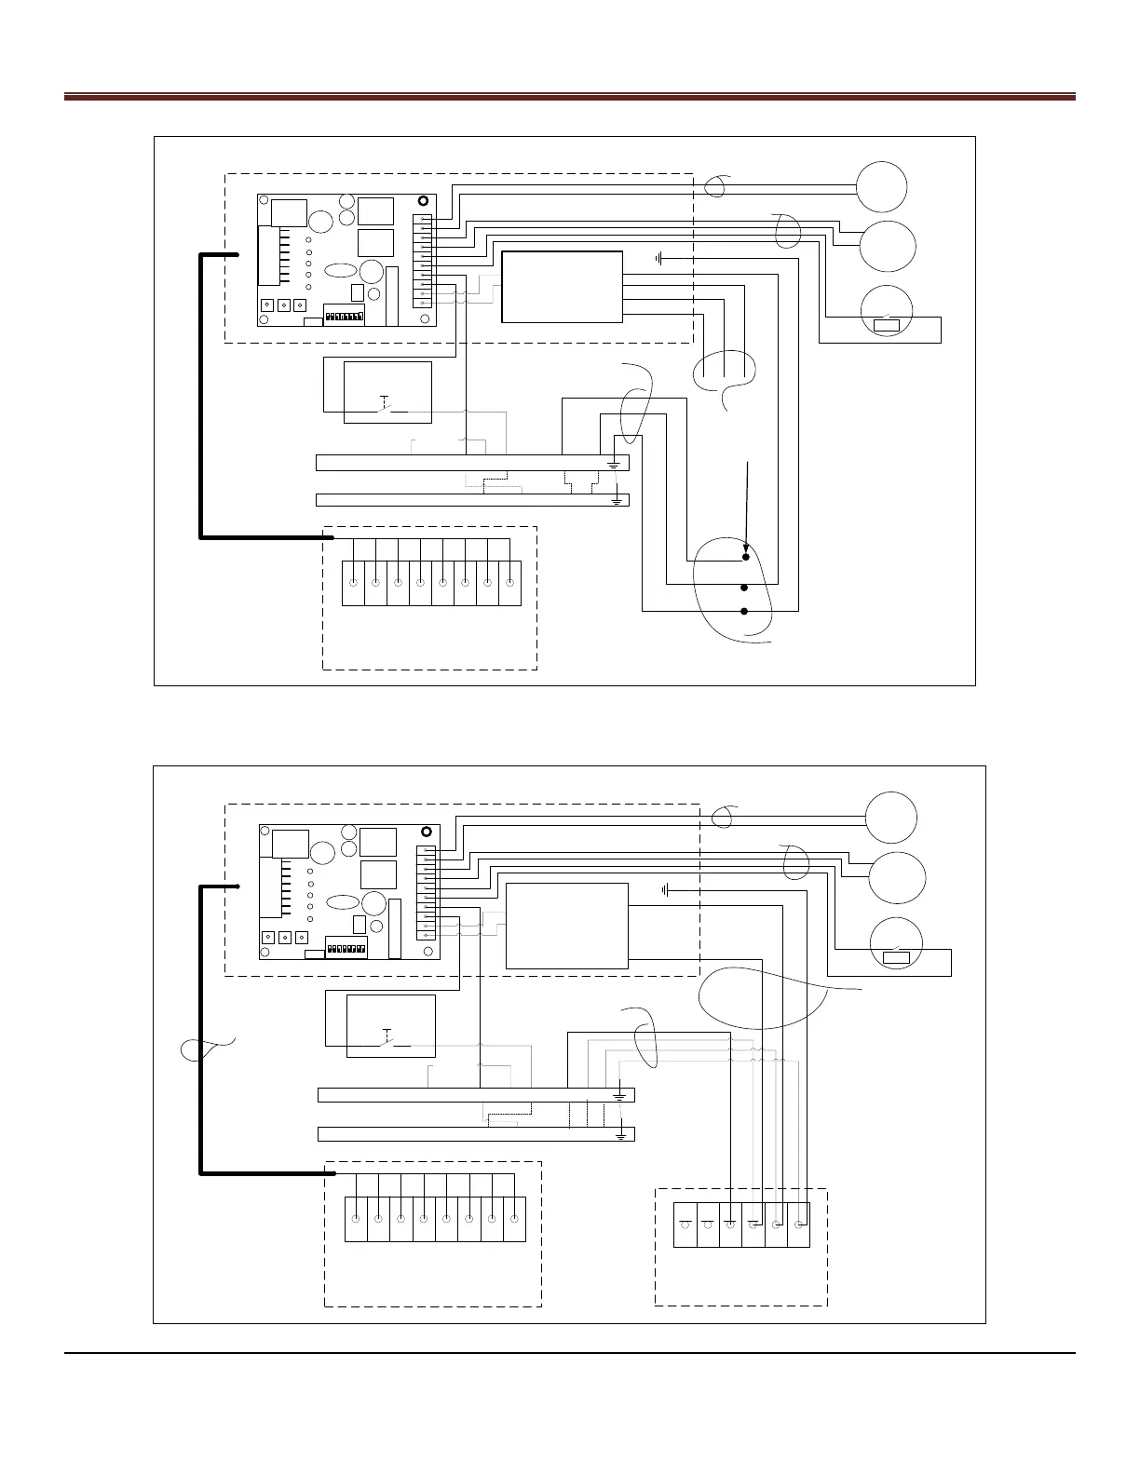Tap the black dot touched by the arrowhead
(745, 558)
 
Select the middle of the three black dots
(744, 589)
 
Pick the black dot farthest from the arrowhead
(744, 612)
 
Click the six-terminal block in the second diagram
(741, 1225)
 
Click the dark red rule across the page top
(569, 96)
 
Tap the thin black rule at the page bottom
(569, 1353)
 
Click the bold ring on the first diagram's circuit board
(424, 201)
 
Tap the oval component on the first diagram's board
(342, 271)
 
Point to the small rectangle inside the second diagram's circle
(896, 956)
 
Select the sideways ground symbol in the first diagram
(658, 258)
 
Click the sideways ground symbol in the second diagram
(665, 890)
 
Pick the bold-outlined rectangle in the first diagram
(562, 287)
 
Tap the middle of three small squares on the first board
(283, 305)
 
